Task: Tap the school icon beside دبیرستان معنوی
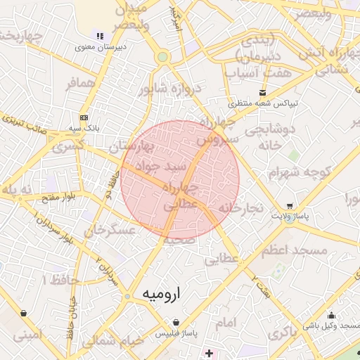(100, 36)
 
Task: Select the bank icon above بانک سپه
(84, 117)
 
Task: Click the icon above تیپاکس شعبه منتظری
(263, 93)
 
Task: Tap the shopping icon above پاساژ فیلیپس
(175, 322)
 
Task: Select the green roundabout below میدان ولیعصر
(162, 56)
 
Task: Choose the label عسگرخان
(109, 229)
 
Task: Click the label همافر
(80, 84)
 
